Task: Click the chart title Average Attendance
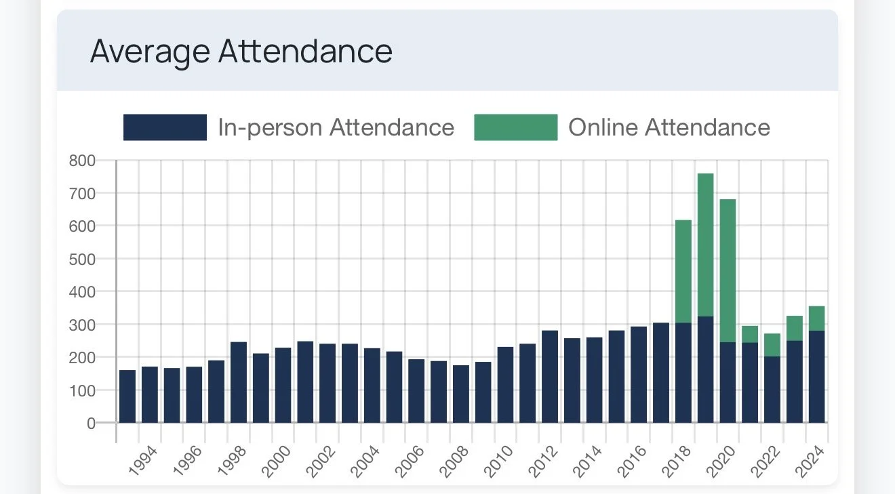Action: pos(241,52)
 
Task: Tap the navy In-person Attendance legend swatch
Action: pos(165,127)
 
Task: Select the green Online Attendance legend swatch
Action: pos(516,127)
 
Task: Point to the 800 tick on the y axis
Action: pos(82,161)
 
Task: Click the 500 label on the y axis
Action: pos(82,259)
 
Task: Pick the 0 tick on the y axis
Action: pos(91,424)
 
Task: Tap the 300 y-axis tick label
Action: pos(82,325)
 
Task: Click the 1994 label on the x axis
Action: pos(142,461)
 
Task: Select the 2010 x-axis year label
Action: pos(498,461)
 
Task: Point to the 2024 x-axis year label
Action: pos(810,461)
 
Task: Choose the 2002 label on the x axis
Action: pos(321,461)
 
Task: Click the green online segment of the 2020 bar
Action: pos(728,271)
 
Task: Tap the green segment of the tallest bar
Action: pos(705,245)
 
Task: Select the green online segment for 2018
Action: pos(683,272)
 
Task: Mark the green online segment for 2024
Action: pos(816,318)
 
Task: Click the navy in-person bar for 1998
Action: pos(239,383)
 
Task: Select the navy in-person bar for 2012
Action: pos(550,377)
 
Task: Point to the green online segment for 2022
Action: pos(772,346)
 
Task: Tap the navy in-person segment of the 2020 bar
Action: pos(728,383)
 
